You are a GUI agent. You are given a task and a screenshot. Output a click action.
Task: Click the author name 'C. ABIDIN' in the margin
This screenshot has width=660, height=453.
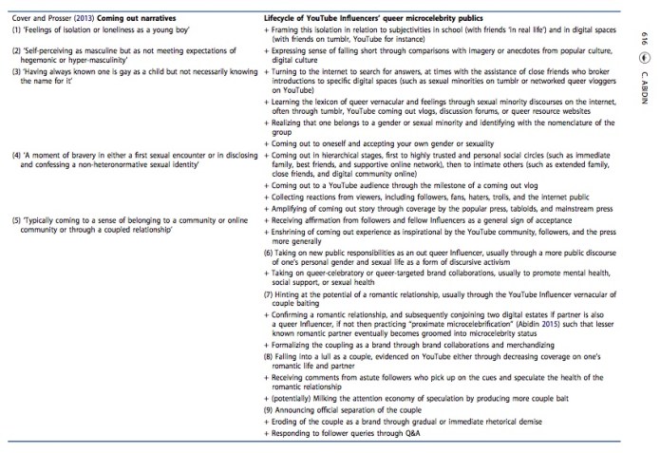(643, 86)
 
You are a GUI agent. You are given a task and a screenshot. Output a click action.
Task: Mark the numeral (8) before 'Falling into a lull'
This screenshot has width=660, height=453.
(266, 365)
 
